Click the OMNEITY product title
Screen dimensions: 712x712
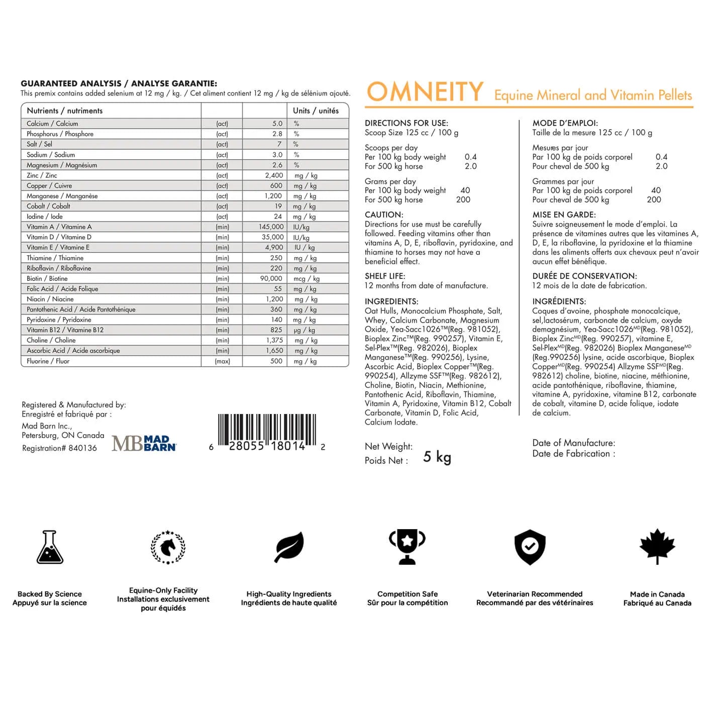click(x=425, y=92)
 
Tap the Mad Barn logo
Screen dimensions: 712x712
click(x=144, y=443)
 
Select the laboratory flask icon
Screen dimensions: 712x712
click(x=50, y=547)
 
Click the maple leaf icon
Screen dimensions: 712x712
click(x=657, y=546)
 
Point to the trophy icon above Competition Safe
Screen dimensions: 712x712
click(x=407, y=546)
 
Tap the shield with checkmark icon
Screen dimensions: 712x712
click(x=530, y=547)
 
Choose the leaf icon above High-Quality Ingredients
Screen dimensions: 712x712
click(x=289, y=547)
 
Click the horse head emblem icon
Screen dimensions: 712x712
click(x=168, y=547)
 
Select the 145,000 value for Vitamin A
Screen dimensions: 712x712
click(x=271, y=227)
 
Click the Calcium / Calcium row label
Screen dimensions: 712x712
click(x=52, y=124)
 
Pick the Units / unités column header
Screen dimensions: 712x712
click(x=316, y=111)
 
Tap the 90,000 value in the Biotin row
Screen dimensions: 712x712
click(x=271, y=278)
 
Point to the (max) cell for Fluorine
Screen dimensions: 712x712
click(x=222, y=361)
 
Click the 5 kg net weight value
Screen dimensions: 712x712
click(x=437, y=457)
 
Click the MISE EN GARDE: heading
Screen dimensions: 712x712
click(x=564, y=215)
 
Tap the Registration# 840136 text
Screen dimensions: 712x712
click(x=59, y=448)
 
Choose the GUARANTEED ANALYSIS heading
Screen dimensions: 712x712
click(x=71, y=83)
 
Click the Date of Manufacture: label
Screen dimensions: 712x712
click(x=573, y=443)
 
